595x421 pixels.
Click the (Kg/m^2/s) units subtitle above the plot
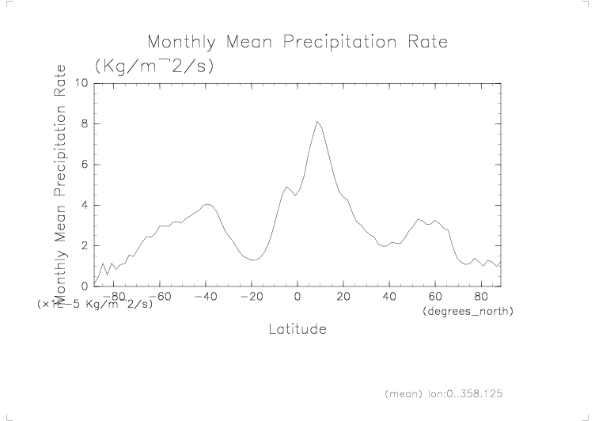point(154,66)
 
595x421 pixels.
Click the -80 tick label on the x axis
point(114,297)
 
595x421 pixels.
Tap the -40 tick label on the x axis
point(206,297)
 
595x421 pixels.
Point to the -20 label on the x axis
point(252,297)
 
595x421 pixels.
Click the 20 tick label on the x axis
point(343,297)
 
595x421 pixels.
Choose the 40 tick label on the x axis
point(389,297)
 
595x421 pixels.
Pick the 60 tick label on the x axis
point(435,297)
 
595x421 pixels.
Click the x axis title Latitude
point(297,328)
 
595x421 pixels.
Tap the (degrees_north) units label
point(467,312)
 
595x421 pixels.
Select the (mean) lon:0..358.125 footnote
point(443,393)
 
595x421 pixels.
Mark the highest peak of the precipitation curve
point(316,121)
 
